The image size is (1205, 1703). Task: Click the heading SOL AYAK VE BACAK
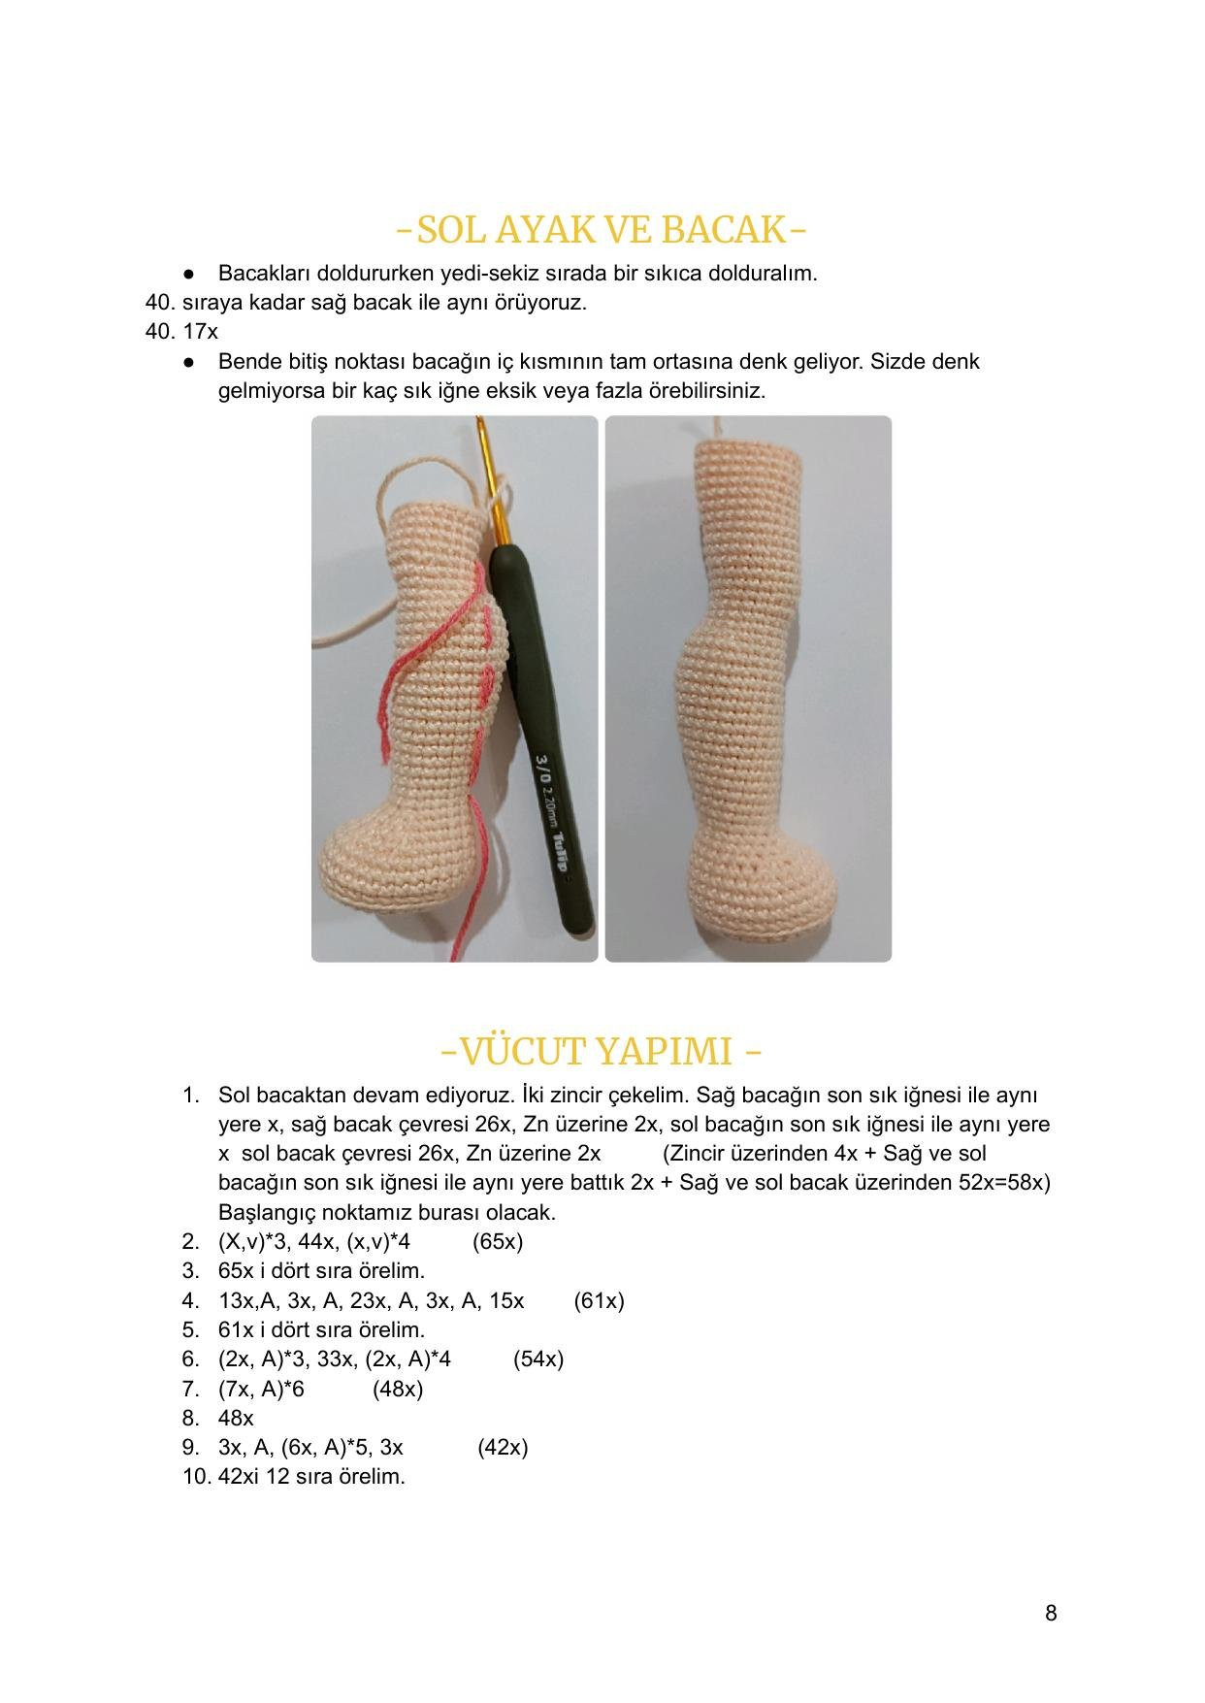[x=602, y=230]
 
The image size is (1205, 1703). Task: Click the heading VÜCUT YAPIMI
[x=602, y=1051]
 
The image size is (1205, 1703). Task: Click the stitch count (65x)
[x=498, y=1241]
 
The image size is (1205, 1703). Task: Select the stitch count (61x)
[x=599, y=1300]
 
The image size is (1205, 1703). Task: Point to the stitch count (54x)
[x=538, y=1359]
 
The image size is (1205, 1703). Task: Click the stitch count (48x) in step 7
[x=398, y=1389]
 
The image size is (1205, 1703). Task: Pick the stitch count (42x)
[x=503, y=1447]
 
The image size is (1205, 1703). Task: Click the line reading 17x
[x=200, y=331]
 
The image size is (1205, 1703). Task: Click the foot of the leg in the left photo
[x=388, y=864]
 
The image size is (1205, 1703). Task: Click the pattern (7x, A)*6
[x=261, y=1389]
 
